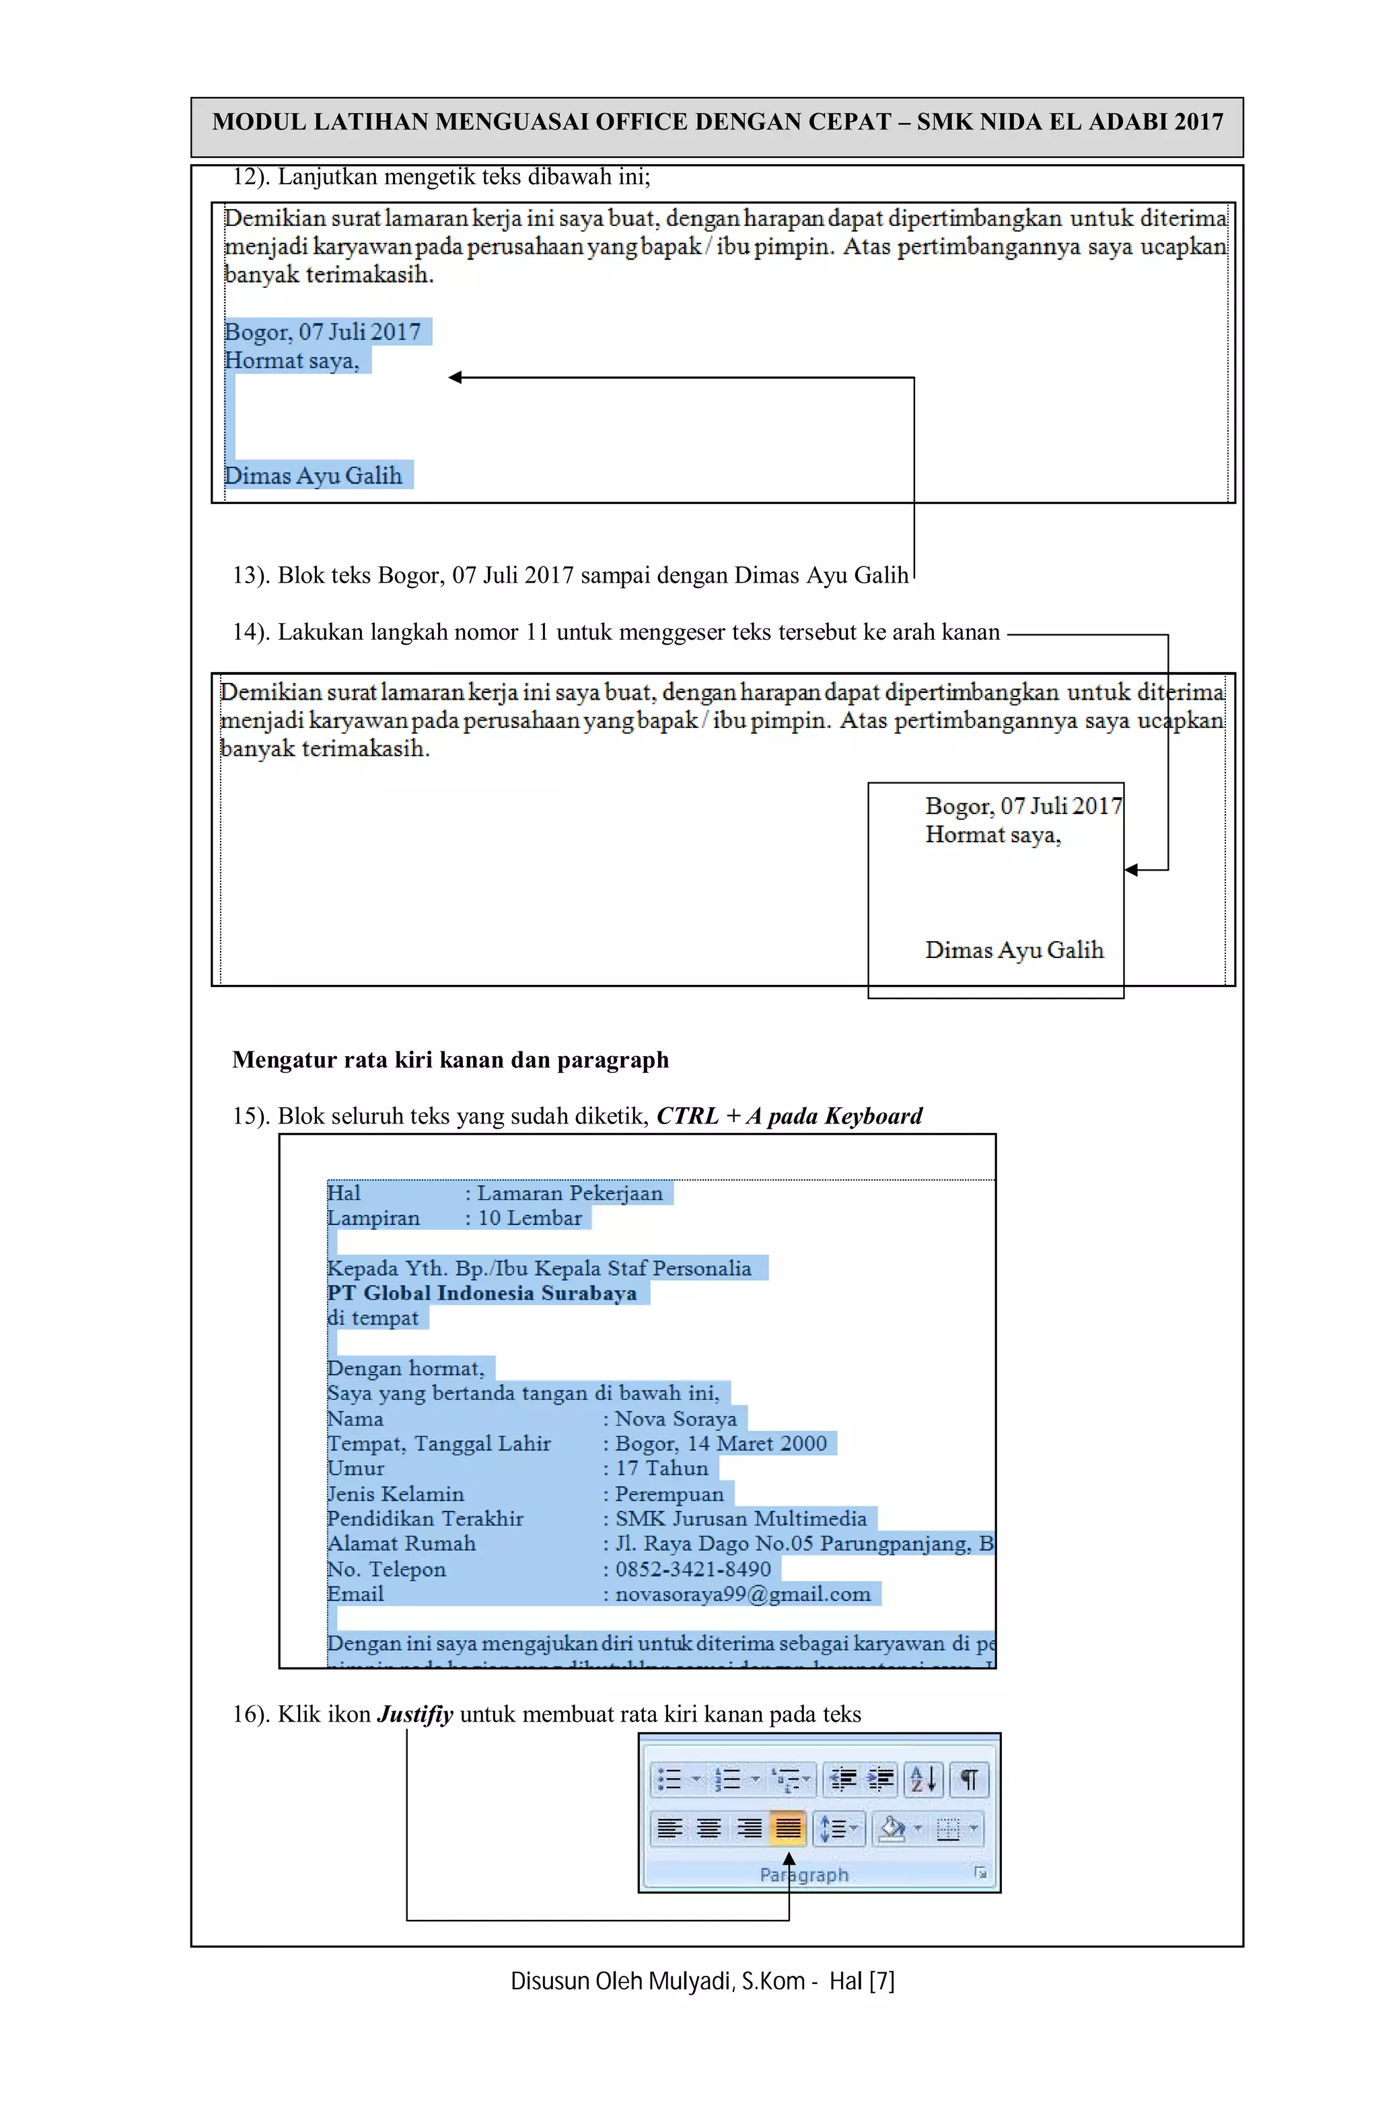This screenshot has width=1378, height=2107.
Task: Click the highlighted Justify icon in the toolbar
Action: [x=787, y=1827]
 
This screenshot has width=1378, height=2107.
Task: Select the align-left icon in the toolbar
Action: [x=669, y=1827]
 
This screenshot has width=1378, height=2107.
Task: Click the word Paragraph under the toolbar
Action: [x=803, y=1874]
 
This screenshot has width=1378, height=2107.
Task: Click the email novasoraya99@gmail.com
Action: [x=742, y=1594]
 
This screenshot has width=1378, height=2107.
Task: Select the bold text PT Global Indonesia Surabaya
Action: [x=482, y=1292]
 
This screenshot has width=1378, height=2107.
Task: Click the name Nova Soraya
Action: [x=676, y=1418]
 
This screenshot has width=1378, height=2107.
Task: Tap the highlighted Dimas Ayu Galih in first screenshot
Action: [x=313, y=476]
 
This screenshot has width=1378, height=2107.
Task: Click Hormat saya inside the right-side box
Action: [x=992, y=835]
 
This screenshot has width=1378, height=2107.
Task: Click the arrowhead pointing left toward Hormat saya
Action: [x=456, y=378]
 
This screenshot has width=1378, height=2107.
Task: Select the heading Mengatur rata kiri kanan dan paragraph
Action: [x=450, y=1060]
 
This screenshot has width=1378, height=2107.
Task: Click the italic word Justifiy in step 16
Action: [x=414, y=1714]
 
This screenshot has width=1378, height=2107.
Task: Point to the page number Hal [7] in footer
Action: [x=862, y=1981]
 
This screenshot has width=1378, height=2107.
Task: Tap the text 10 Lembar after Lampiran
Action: [x=530, y=1218]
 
